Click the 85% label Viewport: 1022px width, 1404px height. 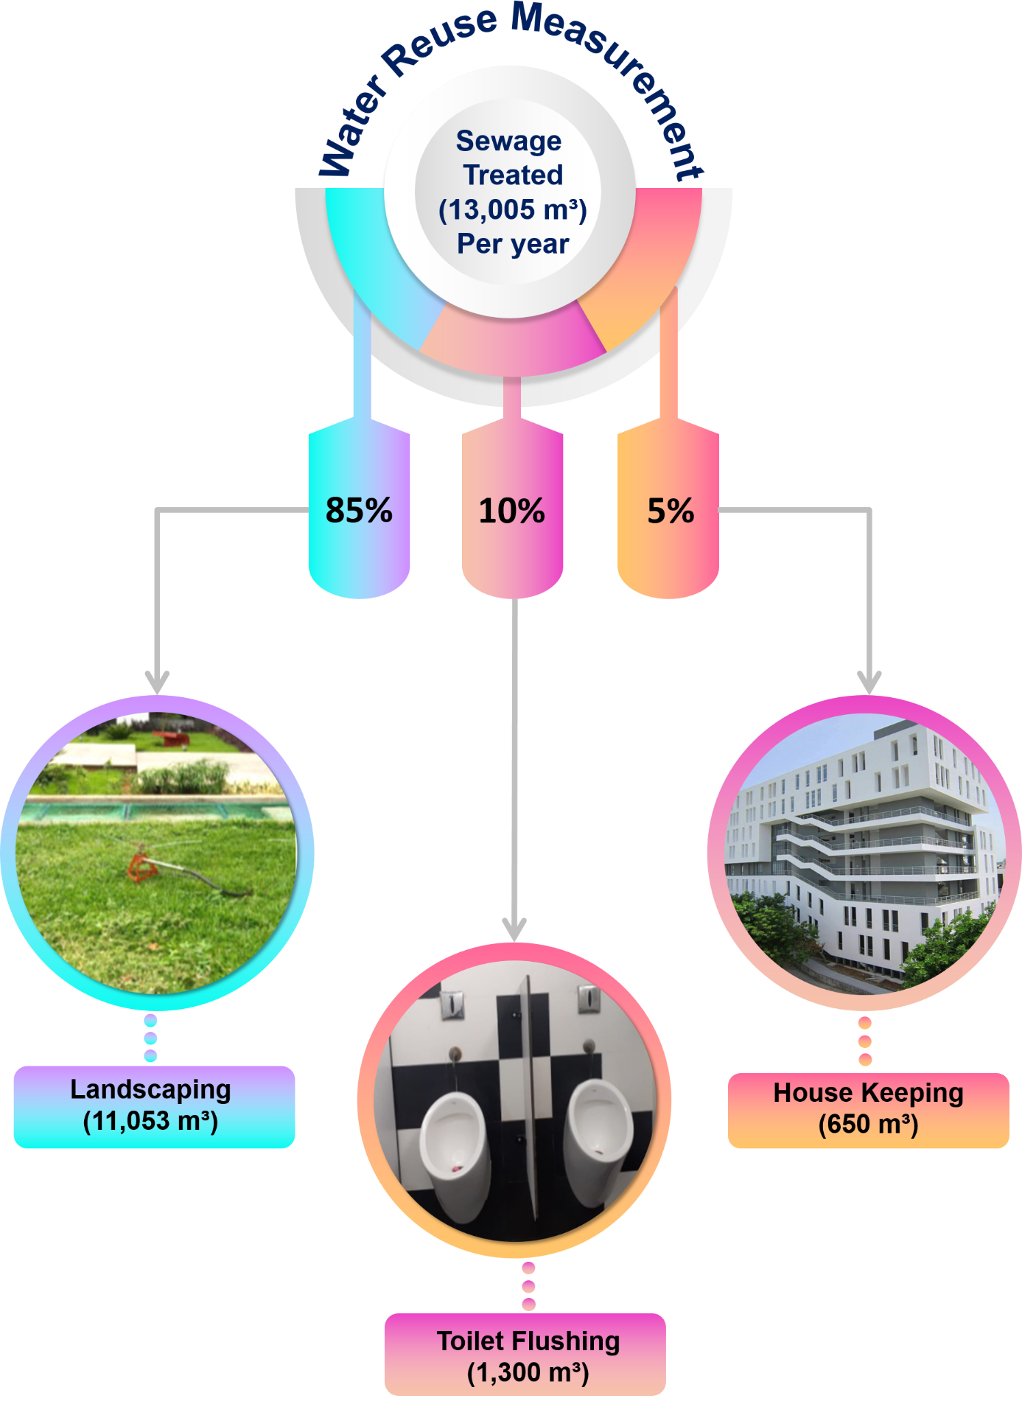[359, 510]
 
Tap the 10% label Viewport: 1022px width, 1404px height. [512, 511]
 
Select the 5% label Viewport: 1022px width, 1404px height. [671, 511]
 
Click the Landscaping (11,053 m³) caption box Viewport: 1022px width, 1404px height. [154, 1106]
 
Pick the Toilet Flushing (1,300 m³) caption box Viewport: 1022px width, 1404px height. [525, 1355]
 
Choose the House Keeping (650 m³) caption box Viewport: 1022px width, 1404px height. [868, 1110]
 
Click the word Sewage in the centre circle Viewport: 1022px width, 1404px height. [509, 140]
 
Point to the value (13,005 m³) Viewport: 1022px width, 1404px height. [513, 210]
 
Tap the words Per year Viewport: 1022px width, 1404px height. [513, 244]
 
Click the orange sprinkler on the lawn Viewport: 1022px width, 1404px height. [141, 865]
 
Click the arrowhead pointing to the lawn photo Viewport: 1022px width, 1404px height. [157, 682]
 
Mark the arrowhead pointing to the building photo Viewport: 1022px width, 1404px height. [869, 682]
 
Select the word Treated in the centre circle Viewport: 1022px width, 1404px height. [513, 175]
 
